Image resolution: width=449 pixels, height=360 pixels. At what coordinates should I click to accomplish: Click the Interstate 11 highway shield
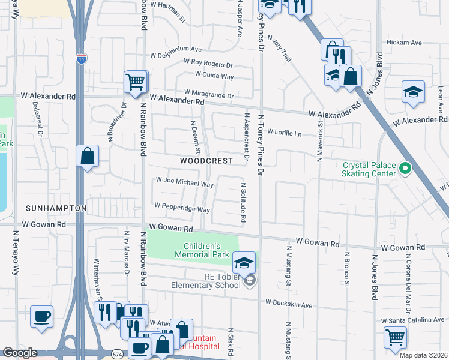[x=81, y=58]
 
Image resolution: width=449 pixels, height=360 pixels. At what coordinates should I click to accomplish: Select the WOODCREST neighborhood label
[x=206, y=161]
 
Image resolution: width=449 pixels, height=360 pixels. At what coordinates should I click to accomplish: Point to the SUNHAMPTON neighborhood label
[x=56, y=208]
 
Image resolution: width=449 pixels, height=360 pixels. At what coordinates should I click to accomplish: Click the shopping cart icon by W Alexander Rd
[x=136, y=81]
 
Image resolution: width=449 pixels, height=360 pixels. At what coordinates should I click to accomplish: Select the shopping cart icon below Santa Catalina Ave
[x=395, y=337]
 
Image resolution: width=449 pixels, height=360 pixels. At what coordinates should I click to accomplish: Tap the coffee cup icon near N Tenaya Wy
[x=41, y=317]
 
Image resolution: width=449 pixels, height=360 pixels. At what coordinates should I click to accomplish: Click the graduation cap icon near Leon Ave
[x=413, y=92]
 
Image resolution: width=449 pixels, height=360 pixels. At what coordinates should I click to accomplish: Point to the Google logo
[x=20, y=353]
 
